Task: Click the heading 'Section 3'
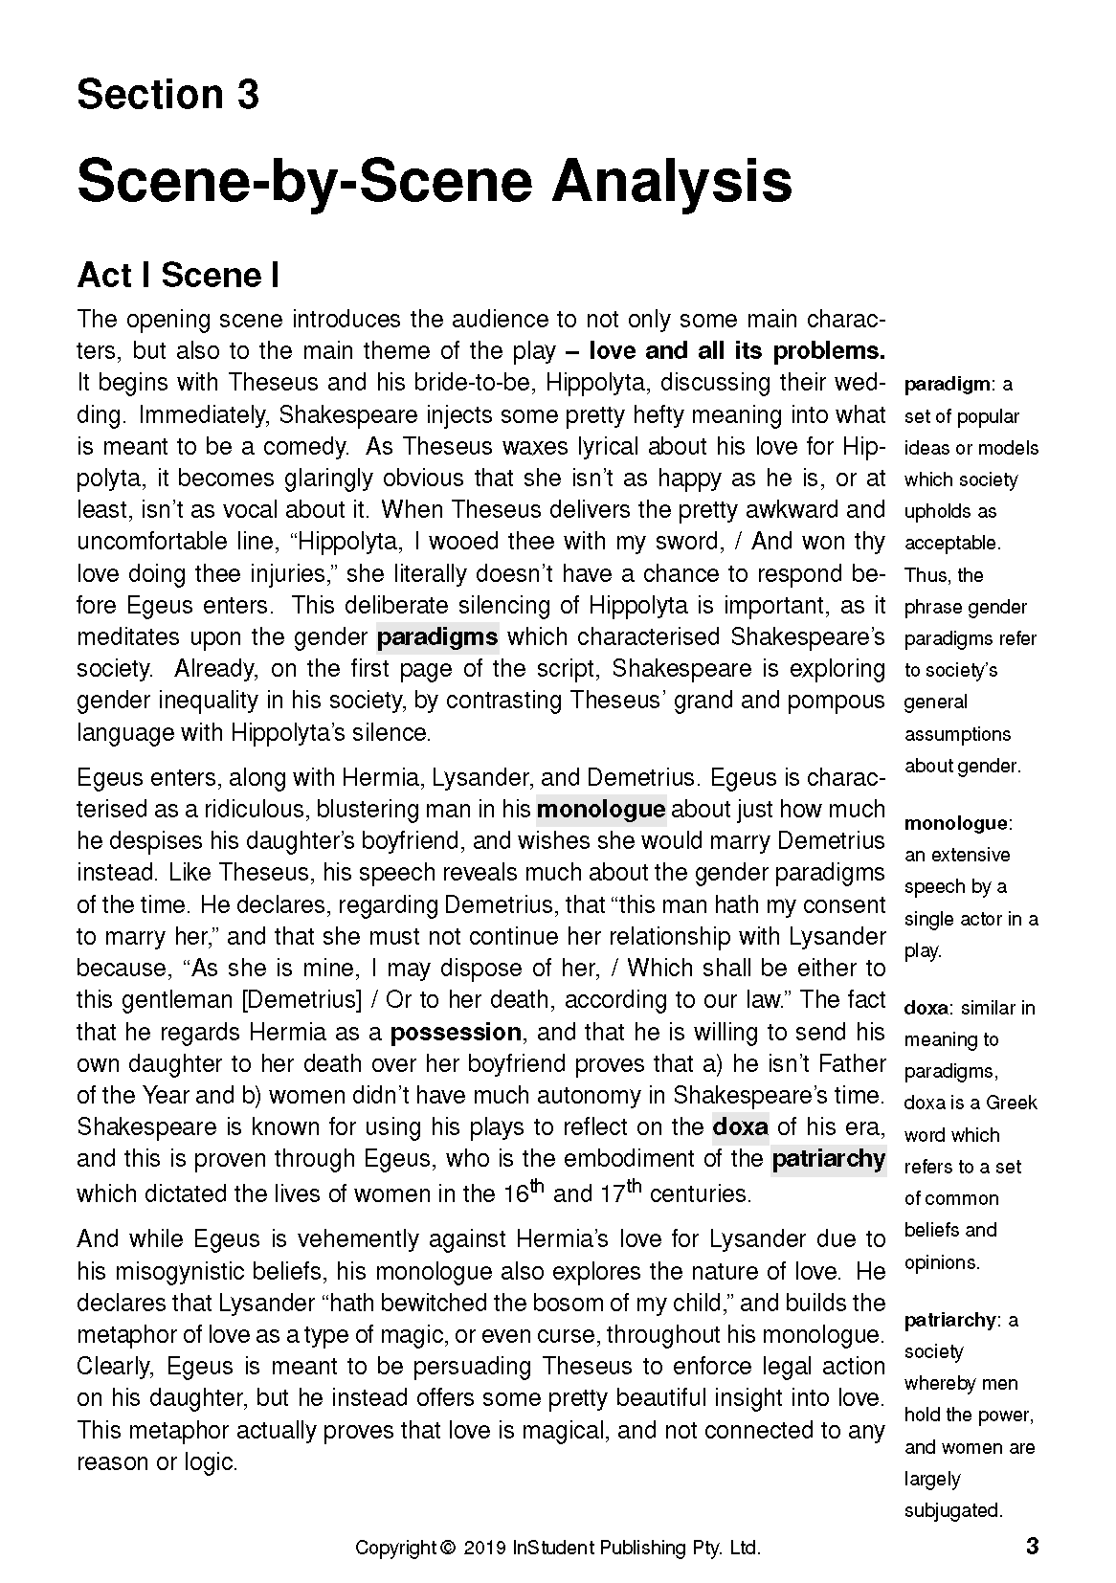click(167, 95)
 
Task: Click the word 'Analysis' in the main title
click(670, 181)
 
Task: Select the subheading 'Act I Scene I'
click(178, 276)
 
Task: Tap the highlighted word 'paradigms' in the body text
click(437, 636)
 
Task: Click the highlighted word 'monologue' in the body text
click(600, 809)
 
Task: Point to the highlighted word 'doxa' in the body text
click(740, 1126)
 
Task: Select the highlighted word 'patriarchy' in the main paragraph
click(828, 1159)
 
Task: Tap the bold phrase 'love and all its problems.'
click(736, 350)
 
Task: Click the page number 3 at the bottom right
click(1032, 1546)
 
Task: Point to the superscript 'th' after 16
click(536, 1187)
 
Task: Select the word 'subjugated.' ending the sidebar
click(953, 1510)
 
